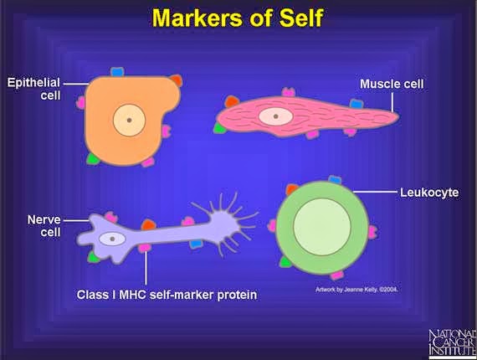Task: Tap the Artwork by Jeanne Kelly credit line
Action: tap(346, 291)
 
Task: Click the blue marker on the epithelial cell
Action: tap(116, 73)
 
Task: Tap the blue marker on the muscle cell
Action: tap(356, 103)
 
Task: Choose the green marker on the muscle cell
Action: tap(219, 127)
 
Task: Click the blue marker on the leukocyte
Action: tap(335, 180)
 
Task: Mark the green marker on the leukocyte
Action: tap(285, 261)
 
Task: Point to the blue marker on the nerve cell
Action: tap(196, 243)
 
